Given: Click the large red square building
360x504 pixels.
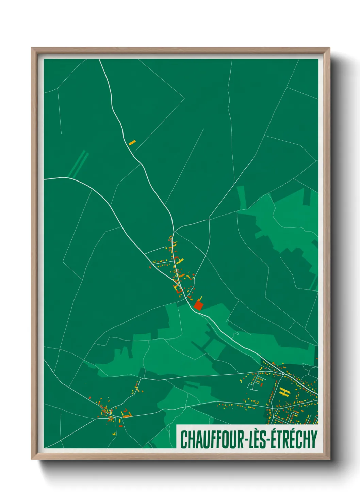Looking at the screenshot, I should pos(198,305).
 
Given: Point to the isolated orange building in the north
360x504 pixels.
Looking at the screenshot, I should pos(132,142).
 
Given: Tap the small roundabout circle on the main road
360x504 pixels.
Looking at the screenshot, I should pos(283,374).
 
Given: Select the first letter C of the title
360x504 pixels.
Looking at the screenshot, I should pos(184,439).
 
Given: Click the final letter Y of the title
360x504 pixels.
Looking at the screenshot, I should pos(314,439).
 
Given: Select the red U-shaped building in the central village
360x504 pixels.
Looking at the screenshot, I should pos(178,290).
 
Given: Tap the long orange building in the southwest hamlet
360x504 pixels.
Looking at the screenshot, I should pos(127,416).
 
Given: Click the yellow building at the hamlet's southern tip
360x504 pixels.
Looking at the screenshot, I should pos(114,434).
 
